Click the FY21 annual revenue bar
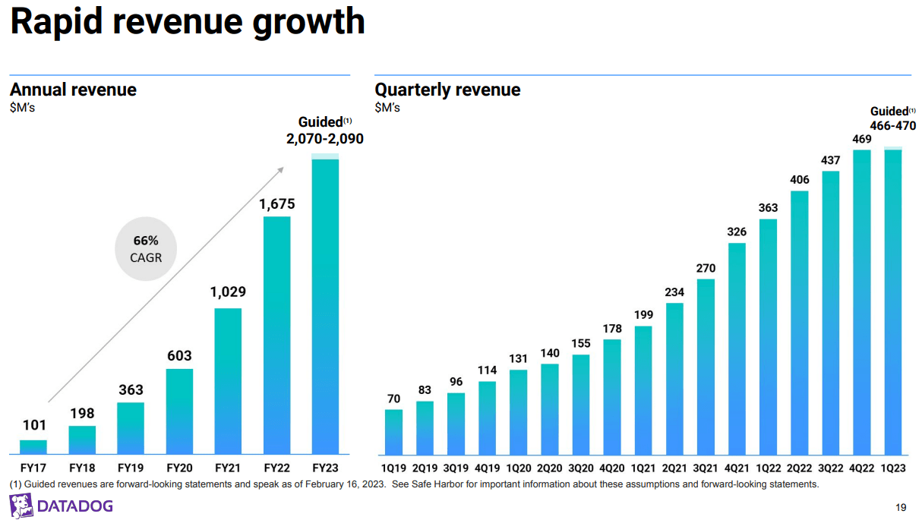tap(228, 381)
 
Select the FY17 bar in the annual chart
tap(33, 447)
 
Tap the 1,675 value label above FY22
tap(276, 204)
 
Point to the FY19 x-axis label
tap(131, 468)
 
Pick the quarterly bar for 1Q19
tap(393, 432)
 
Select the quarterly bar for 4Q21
tap(737, 349)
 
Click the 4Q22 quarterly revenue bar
tap(861, 302)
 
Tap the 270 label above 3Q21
tap(706, 268)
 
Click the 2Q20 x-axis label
tap(549, 468)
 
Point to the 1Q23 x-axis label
tap(893, 468)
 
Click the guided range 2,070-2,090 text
tap(325, 139)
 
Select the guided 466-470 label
tap(893, 126)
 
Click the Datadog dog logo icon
tap(21, 505)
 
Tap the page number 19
tap(901, 507)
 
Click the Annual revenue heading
tap(73, 90)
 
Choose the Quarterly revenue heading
tap(447, 90)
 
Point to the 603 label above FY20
tap(179, 356)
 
